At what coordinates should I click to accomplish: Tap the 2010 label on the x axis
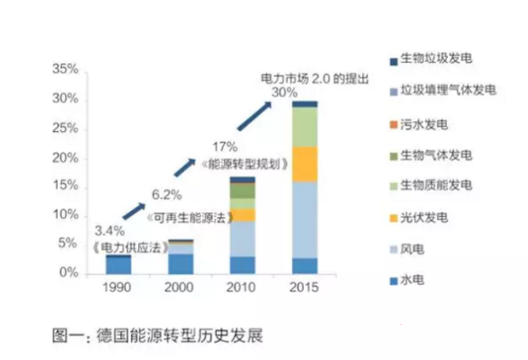point(241,289)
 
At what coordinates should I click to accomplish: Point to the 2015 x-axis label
point(304,289)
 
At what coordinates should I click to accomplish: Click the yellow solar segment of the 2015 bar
point(304,163)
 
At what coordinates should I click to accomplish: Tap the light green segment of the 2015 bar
point(304,126)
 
